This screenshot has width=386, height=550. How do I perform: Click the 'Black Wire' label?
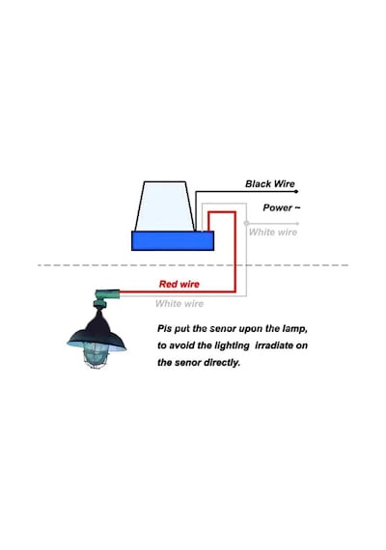point(270,183)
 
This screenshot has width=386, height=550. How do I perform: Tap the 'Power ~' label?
point(282,207)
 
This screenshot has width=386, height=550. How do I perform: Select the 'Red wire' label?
point(179,284)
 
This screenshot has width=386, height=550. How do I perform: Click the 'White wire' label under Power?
point(273,232)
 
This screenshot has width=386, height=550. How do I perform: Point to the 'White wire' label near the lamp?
point(179,303)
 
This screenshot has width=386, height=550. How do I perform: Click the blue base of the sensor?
point(173,240)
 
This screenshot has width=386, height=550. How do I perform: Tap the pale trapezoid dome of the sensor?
point(165,206)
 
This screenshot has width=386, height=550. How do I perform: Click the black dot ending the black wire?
point(296,191)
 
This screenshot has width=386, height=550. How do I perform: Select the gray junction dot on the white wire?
point(246,223)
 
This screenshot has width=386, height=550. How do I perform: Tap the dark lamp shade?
point(96,332)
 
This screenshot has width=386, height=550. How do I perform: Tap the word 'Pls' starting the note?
point(164,329)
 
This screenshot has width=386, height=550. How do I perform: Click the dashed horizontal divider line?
point(193,265)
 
